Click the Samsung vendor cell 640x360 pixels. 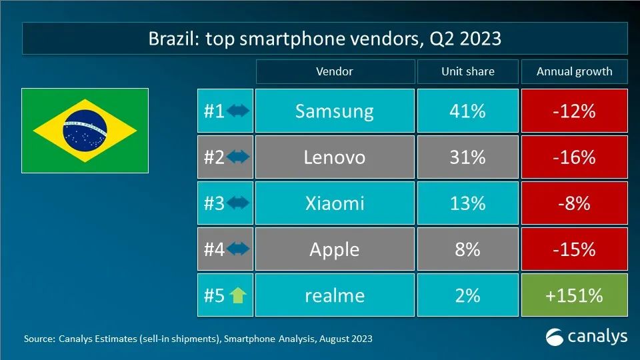pos(334,111)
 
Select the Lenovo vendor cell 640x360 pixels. pos(334,157)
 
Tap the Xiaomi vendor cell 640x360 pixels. pos(334,203)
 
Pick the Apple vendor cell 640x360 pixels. pos(334,249)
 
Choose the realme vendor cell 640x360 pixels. pos(334,295)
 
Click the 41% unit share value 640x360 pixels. pos(467,111)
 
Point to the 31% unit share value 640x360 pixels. pos(467,157)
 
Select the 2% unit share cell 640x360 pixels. pos(467,295)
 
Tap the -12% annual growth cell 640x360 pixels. pos(574,111)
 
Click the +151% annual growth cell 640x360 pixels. pos(574,295)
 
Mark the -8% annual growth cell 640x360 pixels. pos(574,203)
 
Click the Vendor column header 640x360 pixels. pos(334,71)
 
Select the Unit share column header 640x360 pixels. pos(467,71)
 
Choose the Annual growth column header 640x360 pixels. pos(574,71)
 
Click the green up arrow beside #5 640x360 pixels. pos(238,295)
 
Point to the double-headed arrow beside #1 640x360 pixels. pos(238,111)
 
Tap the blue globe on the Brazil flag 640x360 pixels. pos(85,130)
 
